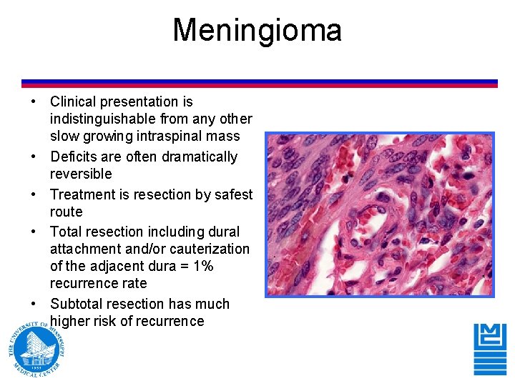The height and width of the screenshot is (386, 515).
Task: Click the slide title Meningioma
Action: point(257,31)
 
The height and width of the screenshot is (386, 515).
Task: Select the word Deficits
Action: point(74,157)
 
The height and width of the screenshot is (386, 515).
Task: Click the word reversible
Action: point(81,174)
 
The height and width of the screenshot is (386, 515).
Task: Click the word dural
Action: point(223,232)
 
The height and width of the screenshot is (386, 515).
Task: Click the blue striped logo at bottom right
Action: point(490,348)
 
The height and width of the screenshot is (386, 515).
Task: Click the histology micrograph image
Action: point(380,214)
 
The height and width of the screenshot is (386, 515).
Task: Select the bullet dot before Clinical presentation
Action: point(34,102)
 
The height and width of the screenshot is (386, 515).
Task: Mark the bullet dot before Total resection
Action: point(34,232)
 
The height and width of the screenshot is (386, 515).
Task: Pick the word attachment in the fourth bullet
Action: point(85,249)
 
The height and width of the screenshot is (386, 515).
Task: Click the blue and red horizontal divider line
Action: point(259,84)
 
